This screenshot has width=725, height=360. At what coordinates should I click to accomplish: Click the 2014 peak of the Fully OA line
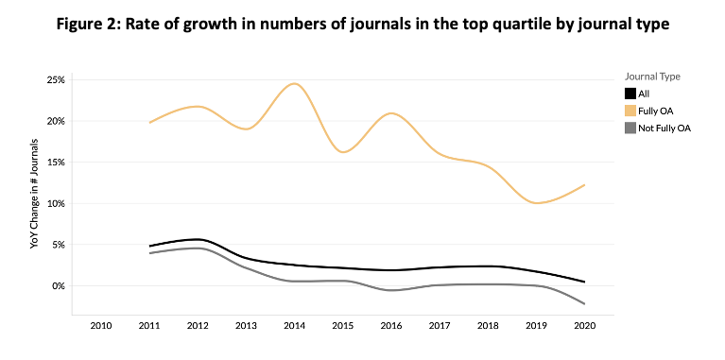[295, 84]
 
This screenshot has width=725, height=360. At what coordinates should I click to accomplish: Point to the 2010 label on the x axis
[101, 326]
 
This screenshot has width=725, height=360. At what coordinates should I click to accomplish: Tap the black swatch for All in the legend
[630, 94]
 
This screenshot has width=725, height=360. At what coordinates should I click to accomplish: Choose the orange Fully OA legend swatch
[630, 111]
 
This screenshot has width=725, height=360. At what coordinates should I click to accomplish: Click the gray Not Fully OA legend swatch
[630, 128]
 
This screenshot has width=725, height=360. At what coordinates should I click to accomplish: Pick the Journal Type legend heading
[652, 77]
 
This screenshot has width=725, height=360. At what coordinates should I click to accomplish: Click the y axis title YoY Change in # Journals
[34, 200]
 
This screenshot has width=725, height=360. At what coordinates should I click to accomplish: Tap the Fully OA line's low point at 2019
[537, 203]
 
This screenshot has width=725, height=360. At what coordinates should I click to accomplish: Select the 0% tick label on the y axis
[60, 286]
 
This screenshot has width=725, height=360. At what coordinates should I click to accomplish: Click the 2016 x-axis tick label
[391, 326]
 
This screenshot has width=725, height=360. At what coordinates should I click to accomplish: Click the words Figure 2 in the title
[86, 24]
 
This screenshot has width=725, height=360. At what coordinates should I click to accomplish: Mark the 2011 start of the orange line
[149, 123]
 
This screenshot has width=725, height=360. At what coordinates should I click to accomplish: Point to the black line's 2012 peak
[198, 239]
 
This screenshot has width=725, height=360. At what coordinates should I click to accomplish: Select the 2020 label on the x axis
[585, 326]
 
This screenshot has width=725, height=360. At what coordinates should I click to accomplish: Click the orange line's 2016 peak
[391, 113]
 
